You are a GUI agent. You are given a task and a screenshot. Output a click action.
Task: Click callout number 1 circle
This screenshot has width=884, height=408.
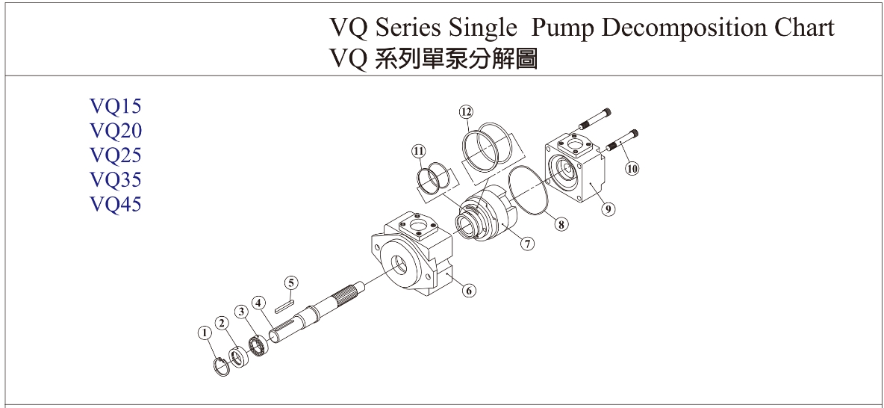[203, 333]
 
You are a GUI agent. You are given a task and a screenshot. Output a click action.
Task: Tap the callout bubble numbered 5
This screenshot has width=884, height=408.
[291, 282]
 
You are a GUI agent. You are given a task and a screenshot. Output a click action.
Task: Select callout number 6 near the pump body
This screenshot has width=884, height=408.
[469, 291]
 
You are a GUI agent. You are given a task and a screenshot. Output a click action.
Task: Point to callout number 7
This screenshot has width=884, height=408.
[528, 244]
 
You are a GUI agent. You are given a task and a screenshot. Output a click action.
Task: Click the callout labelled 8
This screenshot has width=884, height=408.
[561, 223]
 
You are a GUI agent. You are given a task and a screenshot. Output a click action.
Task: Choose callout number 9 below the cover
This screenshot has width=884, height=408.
[609, 209]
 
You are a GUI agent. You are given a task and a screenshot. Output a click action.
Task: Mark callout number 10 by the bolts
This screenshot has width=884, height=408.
[632, 169]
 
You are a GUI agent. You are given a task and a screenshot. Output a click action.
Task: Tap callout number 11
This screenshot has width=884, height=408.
[418, 151]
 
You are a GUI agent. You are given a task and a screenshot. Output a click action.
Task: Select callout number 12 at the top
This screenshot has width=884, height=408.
[466, 112]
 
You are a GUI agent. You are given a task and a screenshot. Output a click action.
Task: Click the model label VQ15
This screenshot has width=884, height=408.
[115, 106]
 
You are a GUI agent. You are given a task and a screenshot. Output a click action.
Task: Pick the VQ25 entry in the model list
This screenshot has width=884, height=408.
[115, 155]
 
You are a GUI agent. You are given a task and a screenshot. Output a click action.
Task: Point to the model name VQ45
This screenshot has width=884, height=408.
[115, 204]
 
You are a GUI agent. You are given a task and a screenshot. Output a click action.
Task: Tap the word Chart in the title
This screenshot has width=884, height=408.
[802, 28]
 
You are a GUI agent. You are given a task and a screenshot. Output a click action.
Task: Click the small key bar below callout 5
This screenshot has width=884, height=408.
[285, 304]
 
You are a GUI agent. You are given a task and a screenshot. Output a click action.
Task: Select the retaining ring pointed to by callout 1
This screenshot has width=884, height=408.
[221, 368]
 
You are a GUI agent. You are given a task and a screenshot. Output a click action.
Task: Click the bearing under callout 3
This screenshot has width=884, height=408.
[258, 345]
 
